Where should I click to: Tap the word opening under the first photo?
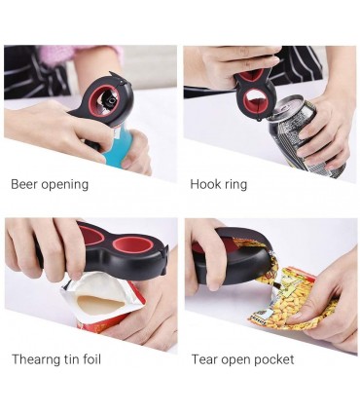pyautogui.click(x=65, y=185)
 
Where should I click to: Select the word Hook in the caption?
pyautogui.click(x=203, y=184)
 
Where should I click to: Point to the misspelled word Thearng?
pyautogui.click(x=36, y=360)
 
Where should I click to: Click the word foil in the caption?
pyautogui.click(x=92, y=359)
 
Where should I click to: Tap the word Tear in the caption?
pyautogui.click(x=202, y=359)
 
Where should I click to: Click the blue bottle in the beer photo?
pyautogui.click(x=120, y=146)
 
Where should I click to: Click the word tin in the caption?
pyautogui.click(x=72, y=359)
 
